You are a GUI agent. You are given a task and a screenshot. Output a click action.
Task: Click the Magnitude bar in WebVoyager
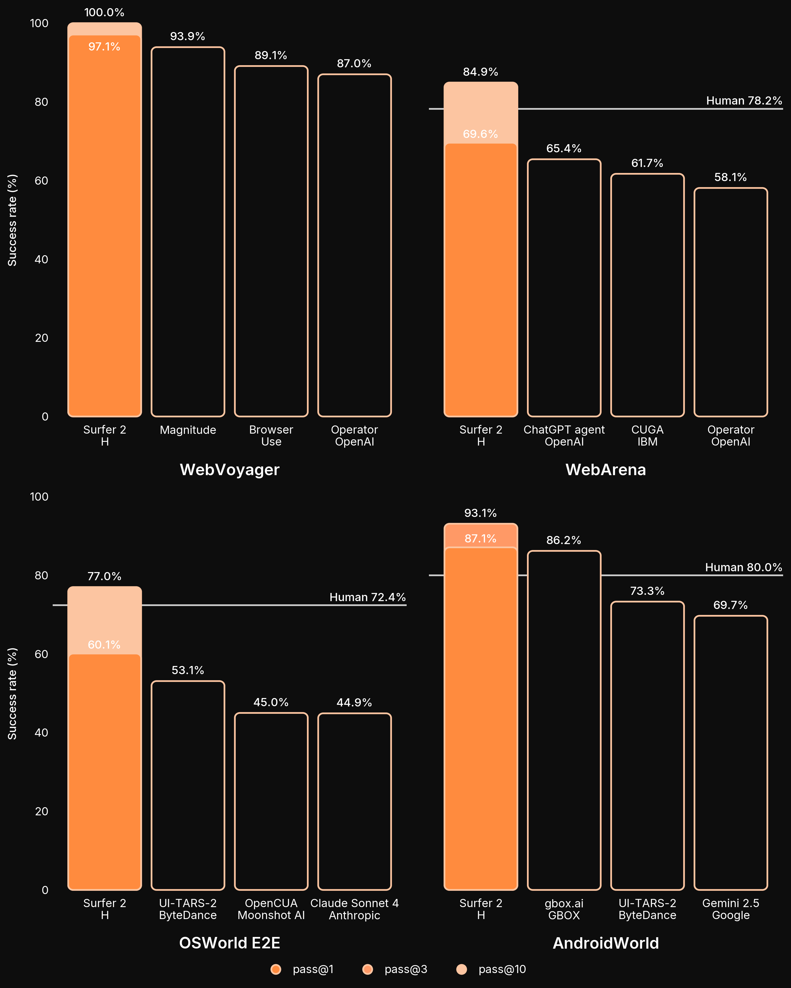tap(188, 231)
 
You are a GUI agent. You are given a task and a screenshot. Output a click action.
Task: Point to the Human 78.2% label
tap(744, 101)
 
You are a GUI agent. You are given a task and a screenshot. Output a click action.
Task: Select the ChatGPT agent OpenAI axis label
tap(564, 436)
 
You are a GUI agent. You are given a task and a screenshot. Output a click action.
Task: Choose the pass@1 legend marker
tap(276, 969)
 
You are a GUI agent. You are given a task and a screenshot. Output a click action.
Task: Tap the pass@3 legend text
tap(406, 969)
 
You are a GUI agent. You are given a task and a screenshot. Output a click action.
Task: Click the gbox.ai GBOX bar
tap(564, 720)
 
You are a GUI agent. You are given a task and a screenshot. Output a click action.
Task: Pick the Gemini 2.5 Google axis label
tap(730, 909)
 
